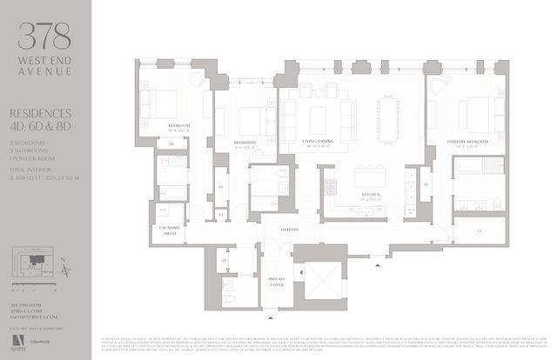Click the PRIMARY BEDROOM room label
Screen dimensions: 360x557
(471, 140)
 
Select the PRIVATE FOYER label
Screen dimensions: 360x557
(276, 281)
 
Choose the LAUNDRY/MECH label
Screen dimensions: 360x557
(166, 230)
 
